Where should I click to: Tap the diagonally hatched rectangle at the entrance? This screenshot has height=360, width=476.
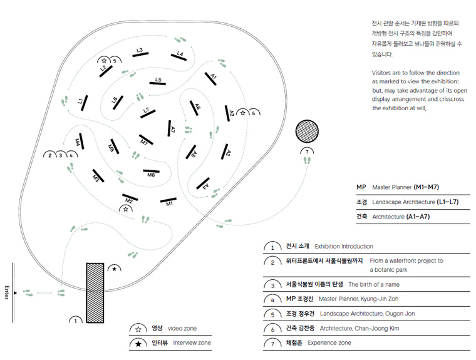pos(95,293)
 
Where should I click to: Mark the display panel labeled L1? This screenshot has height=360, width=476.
pos(83,102)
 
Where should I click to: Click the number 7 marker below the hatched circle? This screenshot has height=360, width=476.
pos(306,152)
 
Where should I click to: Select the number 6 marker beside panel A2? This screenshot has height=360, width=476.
pos(253,113)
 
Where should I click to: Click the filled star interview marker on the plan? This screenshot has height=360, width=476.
pos(115,269)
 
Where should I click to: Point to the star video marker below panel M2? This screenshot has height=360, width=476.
pos(126,210)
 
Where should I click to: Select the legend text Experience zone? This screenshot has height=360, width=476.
pos(329,342)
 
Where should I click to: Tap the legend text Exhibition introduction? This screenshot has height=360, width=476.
pos(343,247)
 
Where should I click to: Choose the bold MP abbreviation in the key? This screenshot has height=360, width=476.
pos(361,187)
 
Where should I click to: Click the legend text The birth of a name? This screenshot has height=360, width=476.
pos(374,284)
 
